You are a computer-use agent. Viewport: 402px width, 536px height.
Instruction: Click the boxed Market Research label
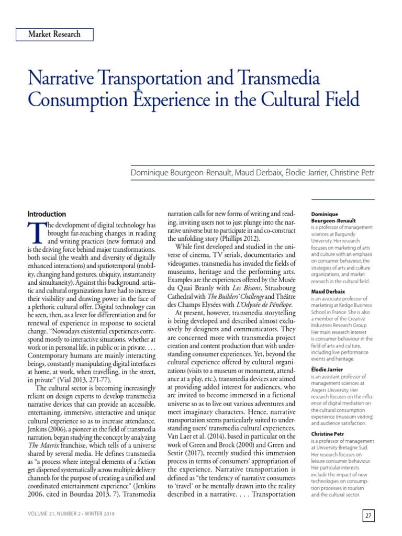54,35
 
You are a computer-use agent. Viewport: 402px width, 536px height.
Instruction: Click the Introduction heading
47,214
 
